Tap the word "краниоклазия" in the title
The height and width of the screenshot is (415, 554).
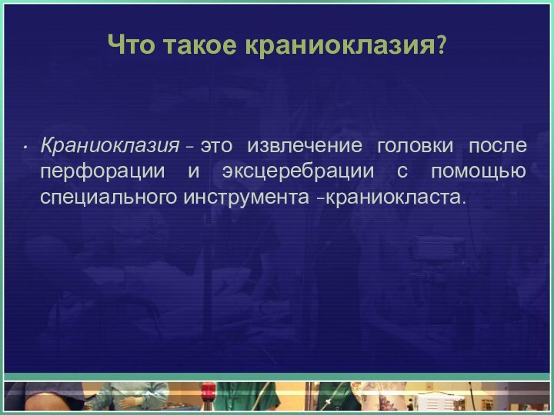[x=338, y=45]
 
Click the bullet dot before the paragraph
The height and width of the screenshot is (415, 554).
[x=26, y=146]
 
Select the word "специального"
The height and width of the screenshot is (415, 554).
[x=108, y=198]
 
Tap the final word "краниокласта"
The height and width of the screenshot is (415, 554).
[x=395, y=198]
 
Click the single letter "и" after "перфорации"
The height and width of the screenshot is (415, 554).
[x=193, y=171]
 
